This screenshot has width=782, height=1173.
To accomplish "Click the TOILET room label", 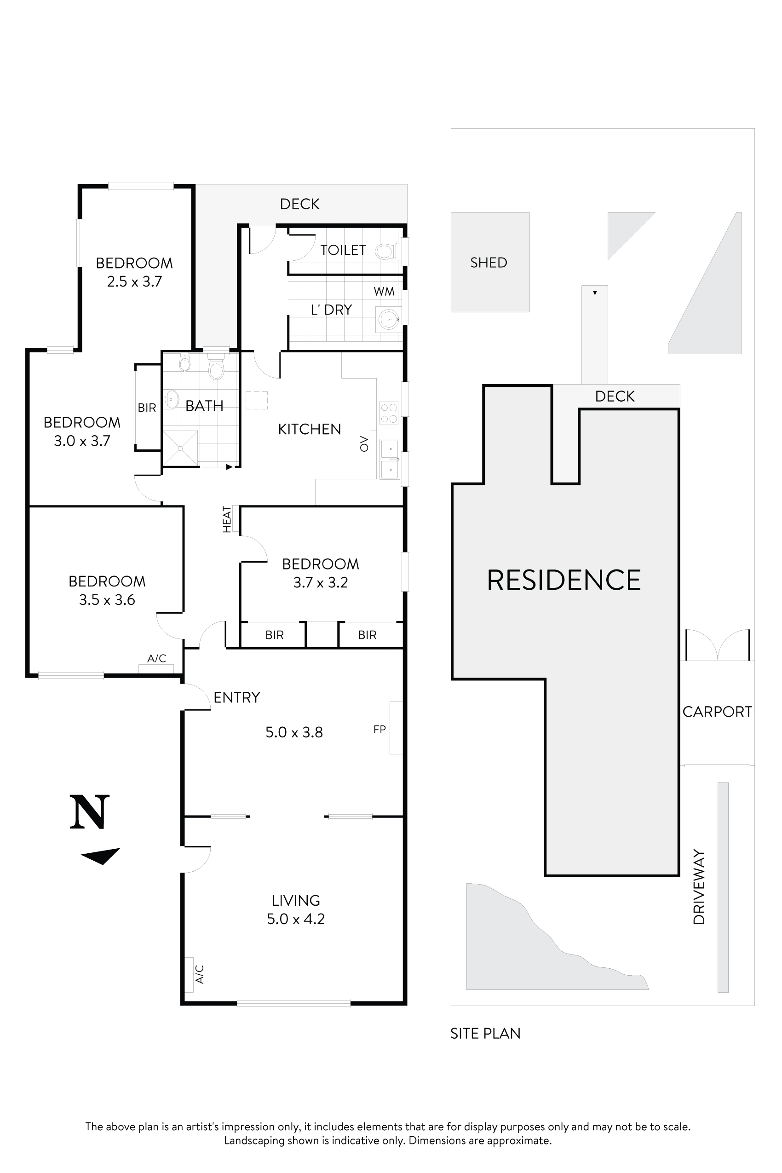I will click(x=343, y=250).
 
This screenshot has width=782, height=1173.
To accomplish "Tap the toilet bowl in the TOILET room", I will click(x=385, y=251).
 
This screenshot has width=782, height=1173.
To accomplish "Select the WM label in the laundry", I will click(x=384, y=291).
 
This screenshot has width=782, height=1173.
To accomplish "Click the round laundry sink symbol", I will click(x=388, y=319).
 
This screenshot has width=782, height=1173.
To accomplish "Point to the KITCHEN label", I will click(x=309, y=429).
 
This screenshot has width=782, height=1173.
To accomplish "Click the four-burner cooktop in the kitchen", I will click(x=389, y=413).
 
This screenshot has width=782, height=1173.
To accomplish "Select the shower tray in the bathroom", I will click(x=180, y=448).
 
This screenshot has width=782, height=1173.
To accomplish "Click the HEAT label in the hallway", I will click(x=227, y=519).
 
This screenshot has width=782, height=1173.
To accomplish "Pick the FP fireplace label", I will click(x=379, y=730).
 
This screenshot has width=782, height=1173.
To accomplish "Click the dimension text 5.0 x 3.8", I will click(x=294, y=732).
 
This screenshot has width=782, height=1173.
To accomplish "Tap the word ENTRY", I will click(x=236, y=697).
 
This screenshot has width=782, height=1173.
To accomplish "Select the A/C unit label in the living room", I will click(x=200, y=974).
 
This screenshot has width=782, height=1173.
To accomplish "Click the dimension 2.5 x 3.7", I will click(x=134, y=282).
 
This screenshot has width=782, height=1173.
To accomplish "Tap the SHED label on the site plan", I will click(x=488, y=263).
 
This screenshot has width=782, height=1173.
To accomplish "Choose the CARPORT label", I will click(x=717, y=712).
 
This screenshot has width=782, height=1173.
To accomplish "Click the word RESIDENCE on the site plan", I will click(x=563, y=580).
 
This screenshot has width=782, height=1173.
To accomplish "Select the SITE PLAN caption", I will click(x=485, y=1033).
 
